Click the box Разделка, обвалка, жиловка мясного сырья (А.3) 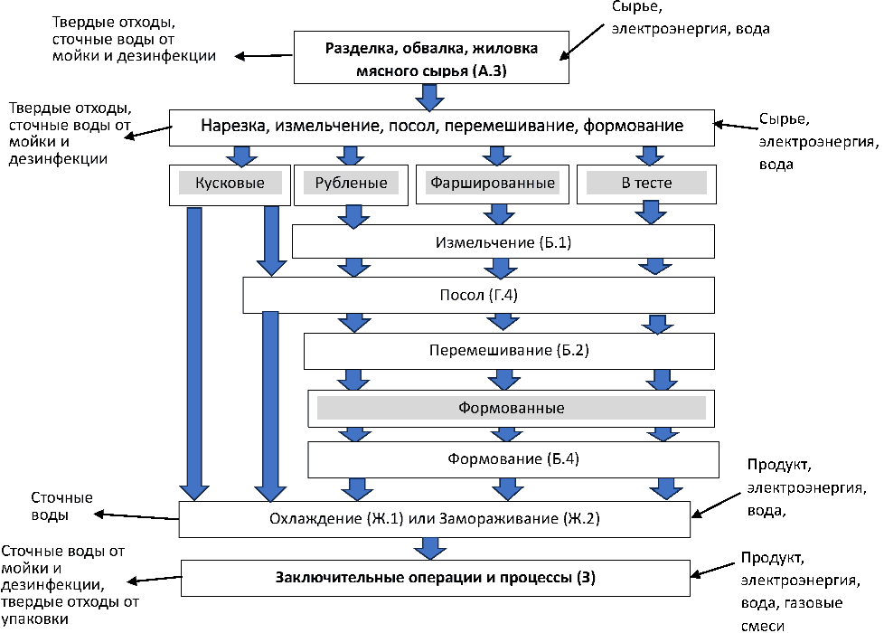tap(431, 56)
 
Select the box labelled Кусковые tap(230, 184)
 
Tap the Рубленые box tap(352, 184)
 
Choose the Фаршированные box tap(492, 184)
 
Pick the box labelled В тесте tap(646, 184)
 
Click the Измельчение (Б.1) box tap(503, 242)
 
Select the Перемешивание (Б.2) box tap(513, 350)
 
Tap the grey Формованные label tap(512, 408)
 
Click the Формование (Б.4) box tap(513, 459)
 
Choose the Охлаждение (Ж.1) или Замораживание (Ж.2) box tap(434, 519)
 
